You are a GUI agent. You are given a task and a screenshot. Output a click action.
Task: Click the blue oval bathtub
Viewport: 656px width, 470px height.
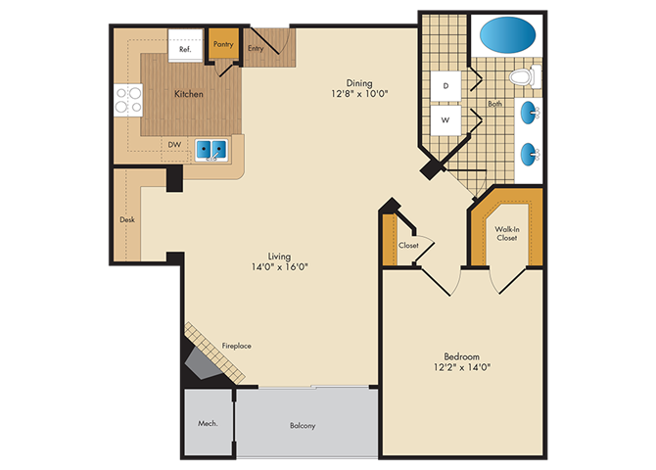[507, 34]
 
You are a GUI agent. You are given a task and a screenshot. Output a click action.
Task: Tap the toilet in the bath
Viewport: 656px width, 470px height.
[525, 77]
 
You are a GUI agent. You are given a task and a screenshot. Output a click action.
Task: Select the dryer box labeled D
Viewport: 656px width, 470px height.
[445, 86]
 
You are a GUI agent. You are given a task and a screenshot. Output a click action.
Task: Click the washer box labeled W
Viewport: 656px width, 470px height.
[445, 120]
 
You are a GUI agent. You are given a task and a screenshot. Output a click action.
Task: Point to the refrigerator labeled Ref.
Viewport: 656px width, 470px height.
[185, 46]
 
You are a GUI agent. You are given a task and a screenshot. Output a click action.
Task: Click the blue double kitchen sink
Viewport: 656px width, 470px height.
[211, 150]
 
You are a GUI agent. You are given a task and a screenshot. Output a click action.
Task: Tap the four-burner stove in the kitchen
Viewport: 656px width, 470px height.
[128, 101]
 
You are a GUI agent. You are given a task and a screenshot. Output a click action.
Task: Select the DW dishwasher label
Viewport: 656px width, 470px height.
[174, 144]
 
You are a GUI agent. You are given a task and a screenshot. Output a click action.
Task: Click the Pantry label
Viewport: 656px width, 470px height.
[223, 44]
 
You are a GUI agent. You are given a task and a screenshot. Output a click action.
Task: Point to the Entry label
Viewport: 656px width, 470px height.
[256, 48]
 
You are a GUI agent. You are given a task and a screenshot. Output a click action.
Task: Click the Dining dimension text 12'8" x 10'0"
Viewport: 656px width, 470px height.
[359, 93]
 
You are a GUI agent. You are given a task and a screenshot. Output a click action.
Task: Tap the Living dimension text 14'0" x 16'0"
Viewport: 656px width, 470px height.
[279, 266]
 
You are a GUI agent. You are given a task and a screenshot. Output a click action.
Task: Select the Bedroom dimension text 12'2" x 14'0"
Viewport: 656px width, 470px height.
[462, 367]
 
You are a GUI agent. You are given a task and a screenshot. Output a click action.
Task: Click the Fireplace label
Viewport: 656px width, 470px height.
[236, 346]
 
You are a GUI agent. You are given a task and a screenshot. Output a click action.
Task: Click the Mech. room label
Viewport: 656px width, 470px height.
[208, 423]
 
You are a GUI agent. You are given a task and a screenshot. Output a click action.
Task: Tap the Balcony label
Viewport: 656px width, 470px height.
[303, 426]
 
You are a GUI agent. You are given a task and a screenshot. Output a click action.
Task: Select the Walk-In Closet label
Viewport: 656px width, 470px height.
[507, 234]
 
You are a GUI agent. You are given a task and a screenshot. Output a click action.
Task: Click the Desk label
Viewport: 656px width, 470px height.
[127, 219]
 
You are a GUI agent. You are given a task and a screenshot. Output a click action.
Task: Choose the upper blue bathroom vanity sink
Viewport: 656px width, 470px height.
[529, 113]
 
